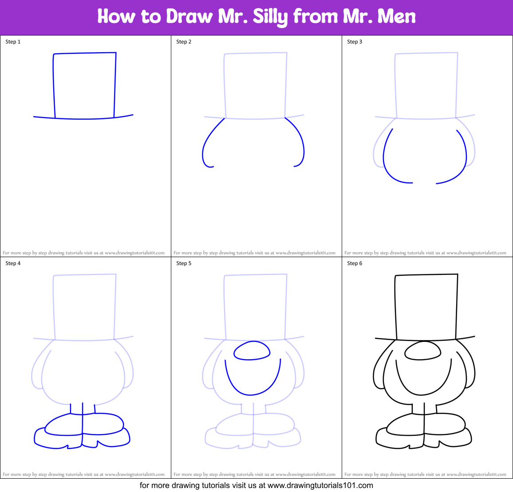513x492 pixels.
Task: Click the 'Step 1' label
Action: point(13,42)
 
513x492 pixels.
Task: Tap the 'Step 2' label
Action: point(184,42)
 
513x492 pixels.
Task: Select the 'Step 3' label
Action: point(355,42)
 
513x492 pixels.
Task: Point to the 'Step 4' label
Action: point(13,263)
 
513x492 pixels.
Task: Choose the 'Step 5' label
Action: point(184,263)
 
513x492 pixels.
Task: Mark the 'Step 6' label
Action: point(355,263)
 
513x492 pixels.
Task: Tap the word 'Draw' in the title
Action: point(189,17)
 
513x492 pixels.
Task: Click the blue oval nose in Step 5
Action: point(252,351)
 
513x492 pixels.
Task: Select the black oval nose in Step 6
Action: point(422,351)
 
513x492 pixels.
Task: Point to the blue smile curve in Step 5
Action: point(252,394)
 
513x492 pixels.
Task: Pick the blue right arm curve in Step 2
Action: point(302,142)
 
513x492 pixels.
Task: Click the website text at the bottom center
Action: point(256,485)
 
